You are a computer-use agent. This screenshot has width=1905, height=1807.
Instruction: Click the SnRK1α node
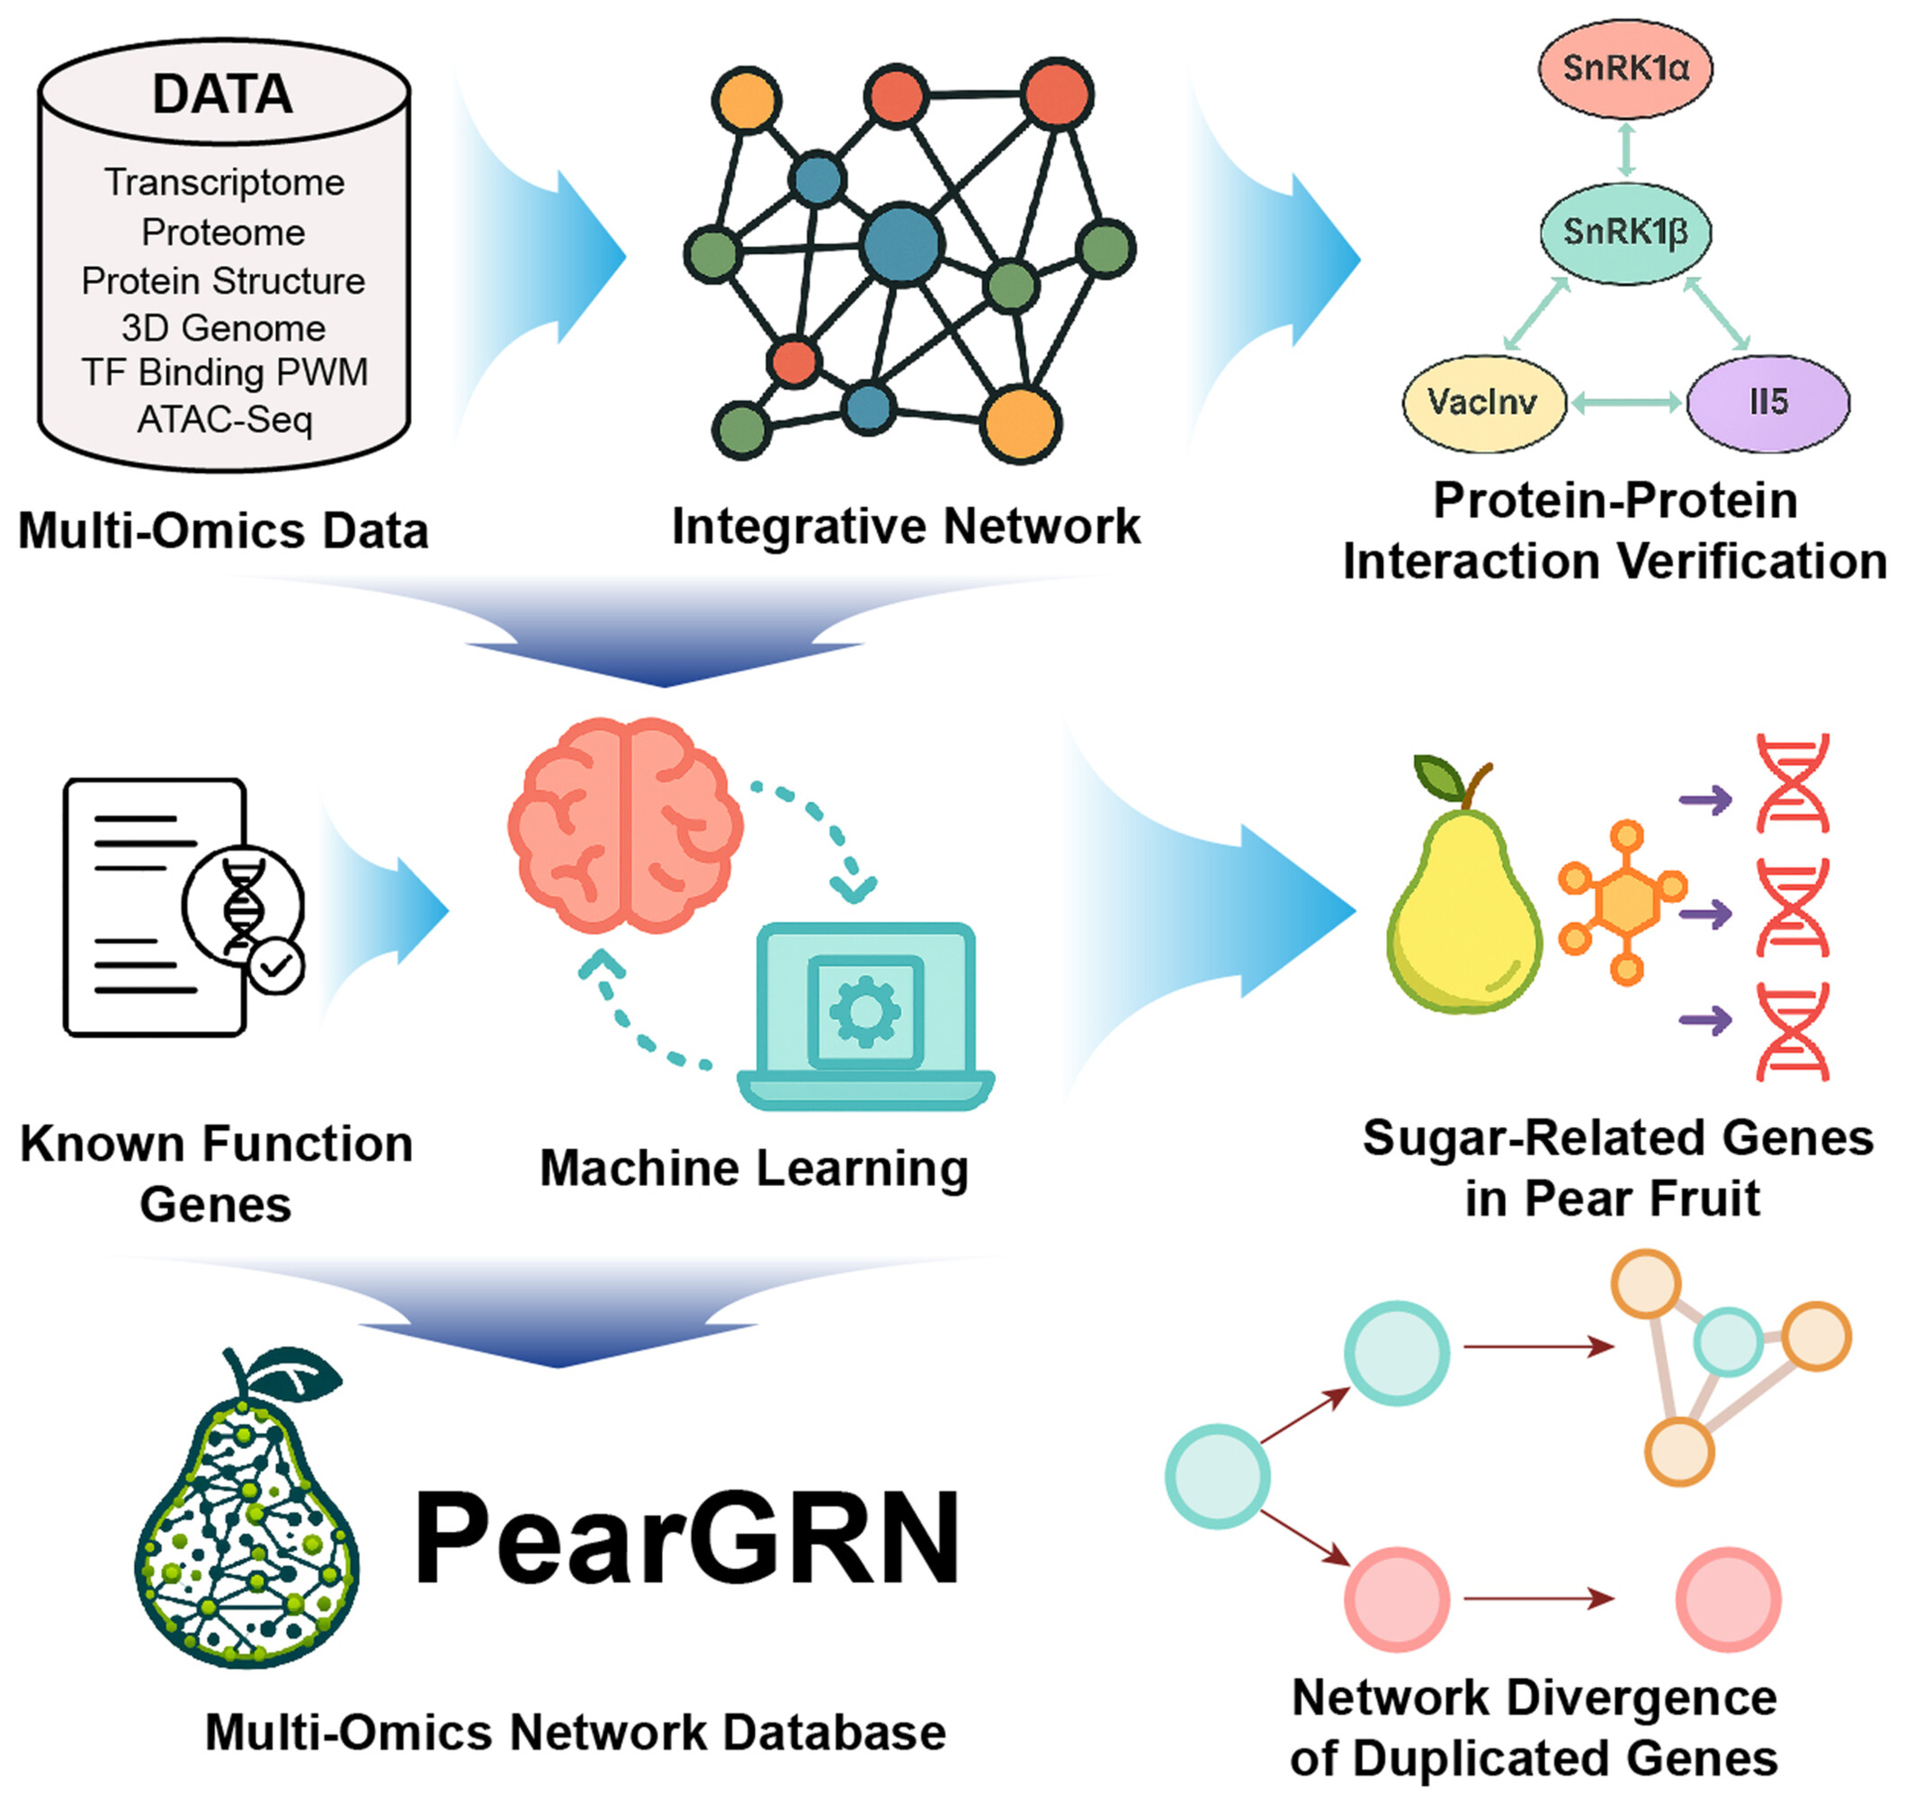point(1624,69)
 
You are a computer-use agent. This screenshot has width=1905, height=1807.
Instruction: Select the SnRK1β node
point(1624,233)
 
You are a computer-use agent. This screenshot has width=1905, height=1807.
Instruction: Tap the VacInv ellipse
point(1483,403)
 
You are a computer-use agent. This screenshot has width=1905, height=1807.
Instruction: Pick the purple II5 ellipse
point(1768,403)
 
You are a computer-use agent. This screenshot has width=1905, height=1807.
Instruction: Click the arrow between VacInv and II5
point(1625,403)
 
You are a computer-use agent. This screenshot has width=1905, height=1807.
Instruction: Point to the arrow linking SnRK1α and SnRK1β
point(1625,149)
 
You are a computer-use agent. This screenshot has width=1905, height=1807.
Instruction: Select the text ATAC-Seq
point(225,420)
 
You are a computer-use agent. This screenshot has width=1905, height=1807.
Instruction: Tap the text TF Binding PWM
point(225,373)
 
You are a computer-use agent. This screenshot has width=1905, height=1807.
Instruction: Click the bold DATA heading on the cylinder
point(222,94)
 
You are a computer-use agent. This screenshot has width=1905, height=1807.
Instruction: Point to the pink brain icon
point(625,824)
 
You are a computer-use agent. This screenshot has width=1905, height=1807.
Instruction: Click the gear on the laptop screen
point(864,1010)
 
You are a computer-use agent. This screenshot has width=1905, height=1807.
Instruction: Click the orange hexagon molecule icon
point(1624,903)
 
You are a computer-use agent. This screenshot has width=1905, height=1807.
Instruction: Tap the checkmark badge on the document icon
point(276,966)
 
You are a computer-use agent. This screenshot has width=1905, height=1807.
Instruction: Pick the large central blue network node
point(901,245)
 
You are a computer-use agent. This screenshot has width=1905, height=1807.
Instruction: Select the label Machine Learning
point(754,1169)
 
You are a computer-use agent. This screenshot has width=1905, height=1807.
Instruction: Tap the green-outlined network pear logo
point(247,1522)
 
